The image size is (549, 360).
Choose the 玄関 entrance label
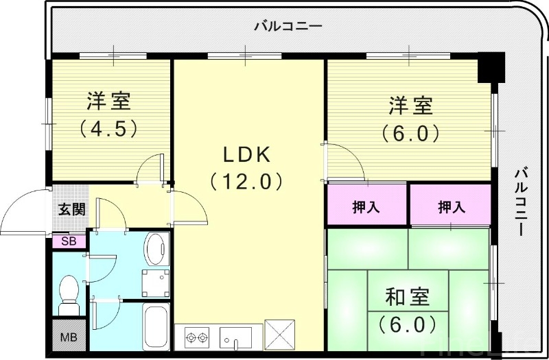pos(71,209)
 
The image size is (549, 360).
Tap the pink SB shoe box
pos(69,241)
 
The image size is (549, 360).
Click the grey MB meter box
pos(69,337)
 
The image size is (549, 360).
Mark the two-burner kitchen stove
pos(197,337)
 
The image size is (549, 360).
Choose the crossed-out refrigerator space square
pos(279,337)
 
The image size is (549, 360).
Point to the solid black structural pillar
pos(491,67)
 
